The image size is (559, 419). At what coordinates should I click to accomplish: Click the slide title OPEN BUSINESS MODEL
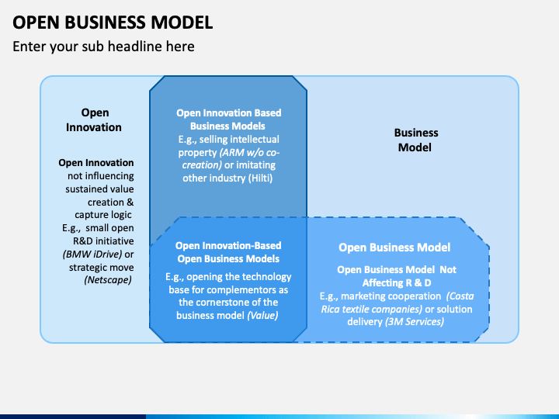tap(113, 23)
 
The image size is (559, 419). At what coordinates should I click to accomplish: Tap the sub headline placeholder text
tap(103, 47)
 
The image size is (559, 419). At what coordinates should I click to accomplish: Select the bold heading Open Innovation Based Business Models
tap(228, 119)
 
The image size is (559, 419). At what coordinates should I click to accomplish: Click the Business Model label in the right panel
tap(415, 140)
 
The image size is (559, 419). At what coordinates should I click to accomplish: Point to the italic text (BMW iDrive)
tap(92, 254)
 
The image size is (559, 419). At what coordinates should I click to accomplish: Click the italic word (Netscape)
tap(108, 280)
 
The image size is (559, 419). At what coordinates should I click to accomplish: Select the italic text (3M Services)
tap(415, 322)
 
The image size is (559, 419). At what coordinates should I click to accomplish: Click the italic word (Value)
tap(262, 315)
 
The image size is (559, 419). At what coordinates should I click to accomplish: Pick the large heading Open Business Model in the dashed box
tap(394, 248)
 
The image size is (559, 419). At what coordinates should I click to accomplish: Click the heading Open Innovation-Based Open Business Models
tap(228, 252)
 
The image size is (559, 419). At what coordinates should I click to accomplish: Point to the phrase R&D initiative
tap(103, 241)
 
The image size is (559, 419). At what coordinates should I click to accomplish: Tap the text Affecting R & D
tap(397, 283)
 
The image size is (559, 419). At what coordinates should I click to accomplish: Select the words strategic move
tap(101, 268)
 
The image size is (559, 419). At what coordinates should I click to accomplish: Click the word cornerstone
tap(228, 303)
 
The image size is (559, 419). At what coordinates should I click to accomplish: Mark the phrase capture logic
tap(103, 215)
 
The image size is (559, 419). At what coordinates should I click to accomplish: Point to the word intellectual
tap(255, 140)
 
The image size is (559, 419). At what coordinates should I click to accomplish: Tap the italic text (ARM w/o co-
tap(249, 153)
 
